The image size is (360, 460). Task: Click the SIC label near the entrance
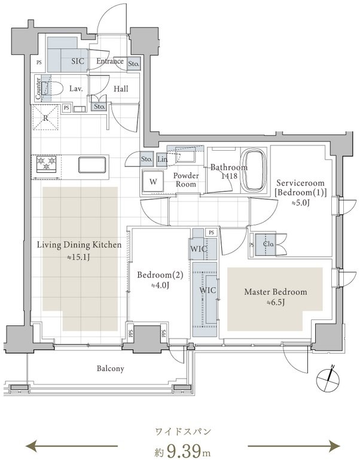[78, 61]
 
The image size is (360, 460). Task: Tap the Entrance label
[109, 61]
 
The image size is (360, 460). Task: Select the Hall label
[121, 89]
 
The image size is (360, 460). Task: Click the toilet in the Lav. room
[55, 89]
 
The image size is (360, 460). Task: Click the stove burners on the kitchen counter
[45, 163]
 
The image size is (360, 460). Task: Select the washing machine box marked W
[153, 182]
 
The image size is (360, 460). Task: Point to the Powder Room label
[185, 180]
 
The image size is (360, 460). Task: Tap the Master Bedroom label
[276, 293]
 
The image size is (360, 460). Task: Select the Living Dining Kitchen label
[80, 245]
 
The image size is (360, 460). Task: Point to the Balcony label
[111, 368]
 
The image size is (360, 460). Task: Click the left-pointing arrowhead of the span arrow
[29, 445]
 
